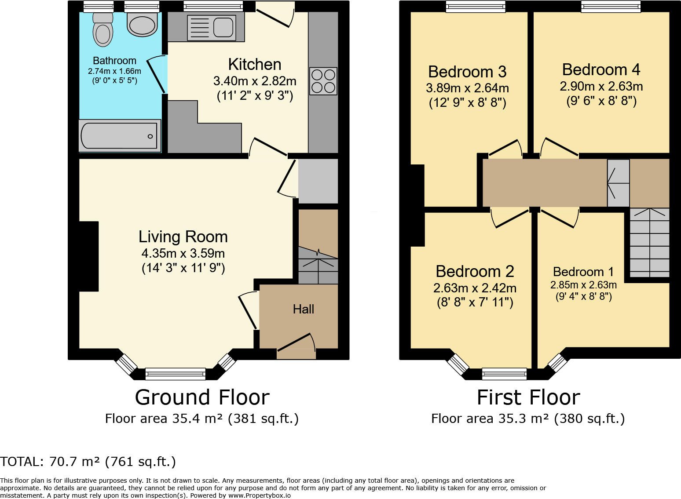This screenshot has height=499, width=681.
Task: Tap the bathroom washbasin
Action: point(142,24)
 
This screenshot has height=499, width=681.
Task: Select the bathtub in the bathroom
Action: point(120,136)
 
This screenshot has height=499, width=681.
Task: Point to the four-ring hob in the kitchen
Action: point(323,81)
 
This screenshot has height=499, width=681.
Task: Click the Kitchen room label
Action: point(255,65)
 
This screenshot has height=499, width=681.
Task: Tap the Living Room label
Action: point(183,237)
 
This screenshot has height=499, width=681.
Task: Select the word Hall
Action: point(304,309)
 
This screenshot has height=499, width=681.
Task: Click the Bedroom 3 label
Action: point(467,72)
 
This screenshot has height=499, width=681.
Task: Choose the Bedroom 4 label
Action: point(601,69)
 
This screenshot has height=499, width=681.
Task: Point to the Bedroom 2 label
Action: point(475,271)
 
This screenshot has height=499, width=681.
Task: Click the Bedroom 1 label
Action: point(583,272)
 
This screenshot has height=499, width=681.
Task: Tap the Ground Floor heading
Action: point(202,397)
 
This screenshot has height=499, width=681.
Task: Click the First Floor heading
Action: point(528,397)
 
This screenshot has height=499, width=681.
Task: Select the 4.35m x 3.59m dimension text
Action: point(183,253)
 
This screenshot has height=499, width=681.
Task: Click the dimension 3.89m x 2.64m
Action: point(467,88)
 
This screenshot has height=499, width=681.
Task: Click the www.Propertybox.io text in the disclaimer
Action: point(260,495)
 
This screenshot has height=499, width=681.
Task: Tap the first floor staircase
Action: point(649,243)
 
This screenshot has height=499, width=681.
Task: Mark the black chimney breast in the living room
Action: point(89,256)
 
